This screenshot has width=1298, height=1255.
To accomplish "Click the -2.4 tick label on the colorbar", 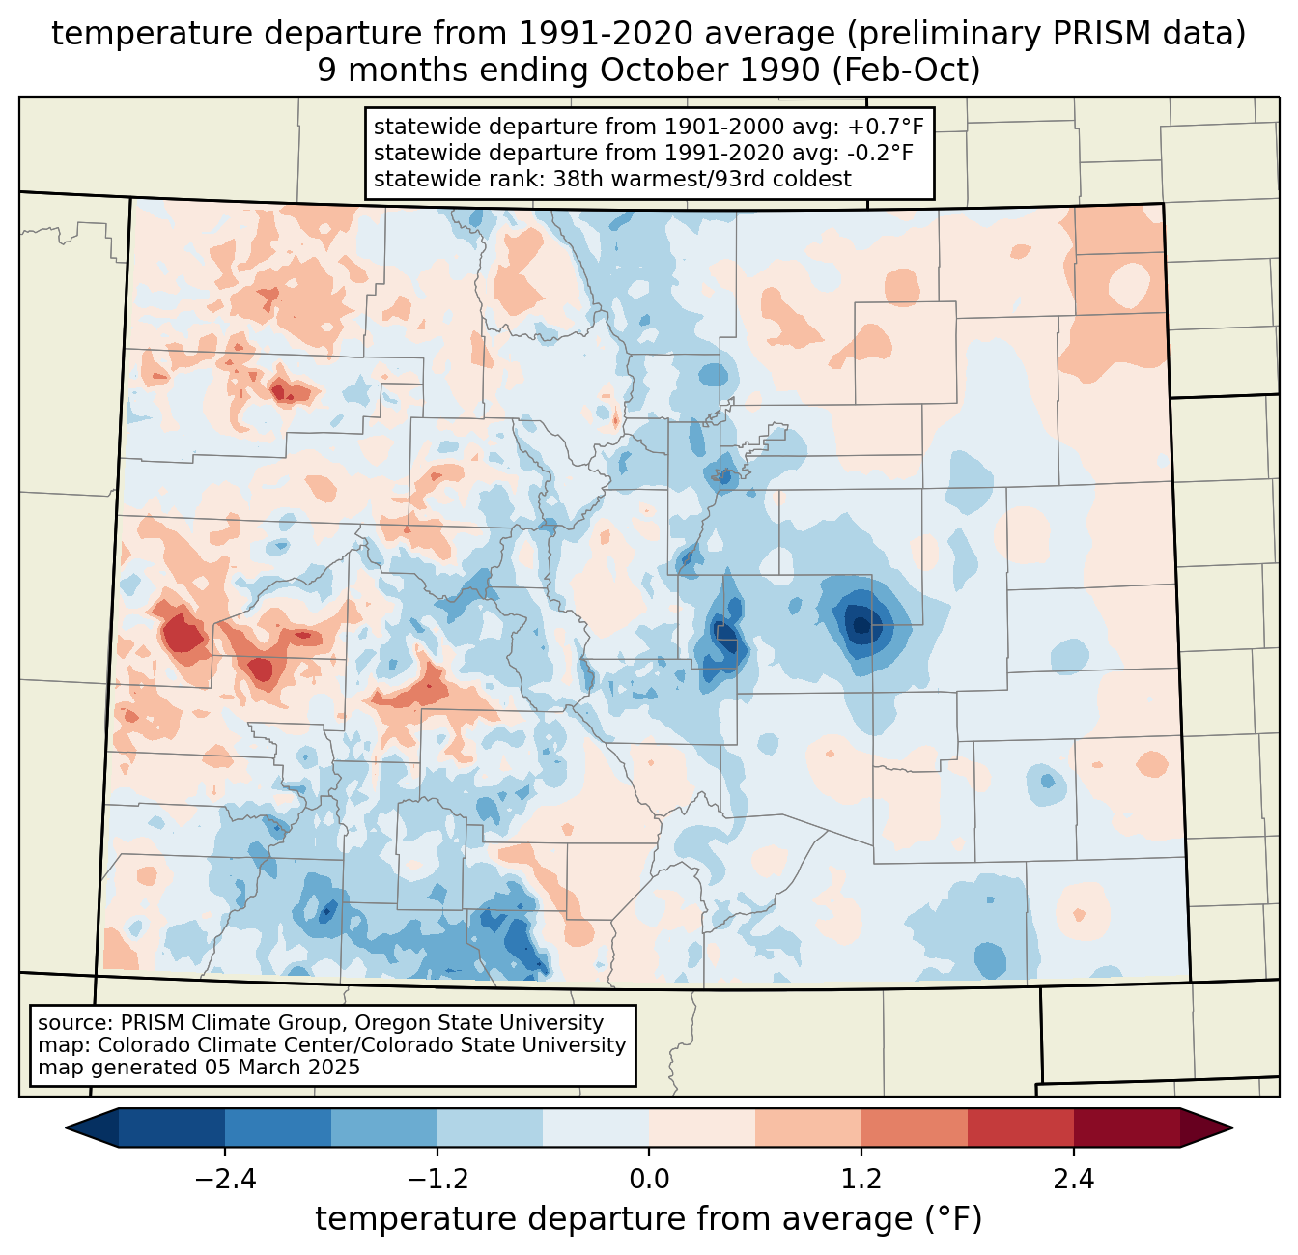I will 225,1180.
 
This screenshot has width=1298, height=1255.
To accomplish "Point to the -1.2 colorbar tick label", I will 437,1180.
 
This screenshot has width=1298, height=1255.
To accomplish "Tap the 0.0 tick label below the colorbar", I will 649,1180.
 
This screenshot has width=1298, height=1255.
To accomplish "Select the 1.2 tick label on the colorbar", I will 861,1180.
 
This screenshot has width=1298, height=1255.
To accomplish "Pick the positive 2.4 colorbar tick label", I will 1073,1180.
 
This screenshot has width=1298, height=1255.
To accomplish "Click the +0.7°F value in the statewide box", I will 886,128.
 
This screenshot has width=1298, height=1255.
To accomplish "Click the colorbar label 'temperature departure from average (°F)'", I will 648,1219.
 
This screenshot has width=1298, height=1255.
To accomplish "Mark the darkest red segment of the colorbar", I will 1126,1127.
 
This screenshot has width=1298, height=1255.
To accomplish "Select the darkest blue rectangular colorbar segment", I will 172,1127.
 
